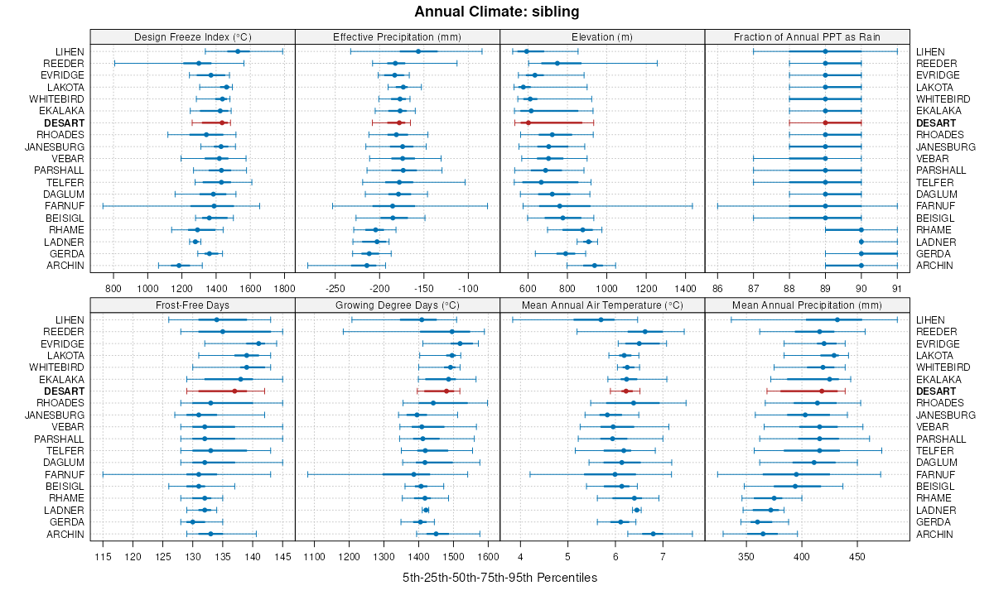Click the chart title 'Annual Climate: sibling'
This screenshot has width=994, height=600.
point(497,12)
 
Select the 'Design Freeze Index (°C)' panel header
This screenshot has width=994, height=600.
point(192,36)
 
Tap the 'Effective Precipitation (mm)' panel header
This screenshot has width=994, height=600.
point(397,36)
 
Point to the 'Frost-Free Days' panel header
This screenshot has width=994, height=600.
point(192,305)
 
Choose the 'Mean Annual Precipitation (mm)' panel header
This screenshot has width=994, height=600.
point(807,305)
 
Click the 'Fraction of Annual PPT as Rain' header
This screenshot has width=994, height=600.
point(807,36)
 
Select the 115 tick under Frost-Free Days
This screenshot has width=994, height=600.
point(103,555)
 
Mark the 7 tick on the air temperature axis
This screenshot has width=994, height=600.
point(663,555)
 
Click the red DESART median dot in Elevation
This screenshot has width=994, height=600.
point(528,122)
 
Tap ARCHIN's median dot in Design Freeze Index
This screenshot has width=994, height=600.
point(178,266)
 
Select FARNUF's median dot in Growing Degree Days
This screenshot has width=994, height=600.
point(414,474)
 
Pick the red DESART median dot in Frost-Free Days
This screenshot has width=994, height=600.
point(234,391)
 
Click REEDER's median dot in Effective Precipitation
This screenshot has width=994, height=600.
point(395,64)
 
